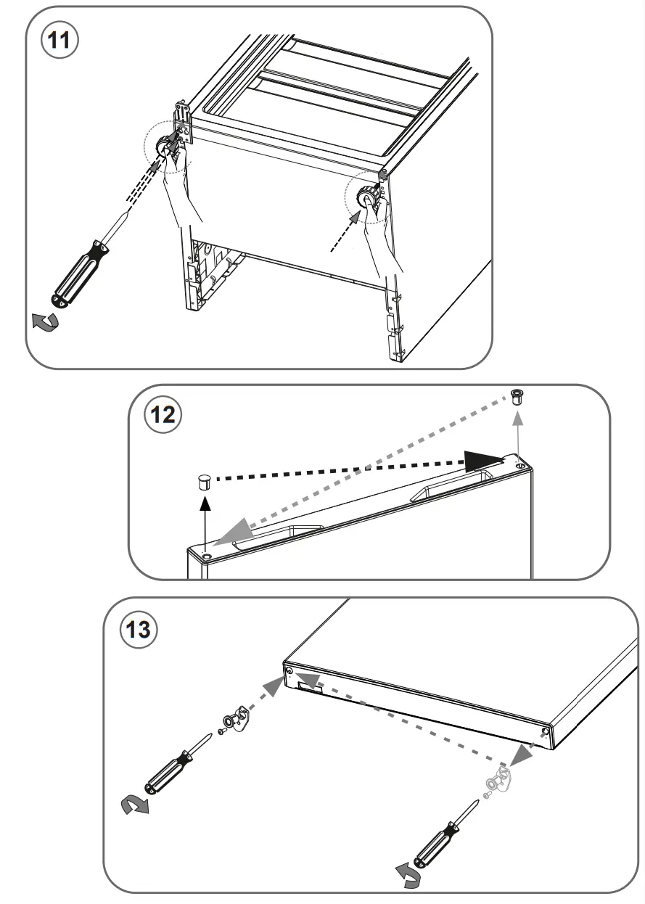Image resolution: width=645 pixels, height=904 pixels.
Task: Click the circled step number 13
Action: (137, 629)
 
